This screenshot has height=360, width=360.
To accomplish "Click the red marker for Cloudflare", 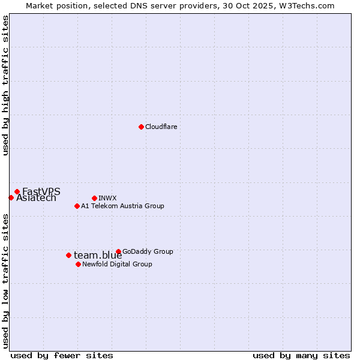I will (x=141, y=127).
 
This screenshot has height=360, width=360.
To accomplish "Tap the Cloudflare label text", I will (x=161, y=127).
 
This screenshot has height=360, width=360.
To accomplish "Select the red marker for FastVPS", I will (x=17, y=191).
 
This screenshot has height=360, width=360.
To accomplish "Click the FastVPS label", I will (x=41, y=191).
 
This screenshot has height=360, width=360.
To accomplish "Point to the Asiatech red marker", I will (x=11, y=197).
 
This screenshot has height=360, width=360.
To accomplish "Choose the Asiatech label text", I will (x=36, y=198).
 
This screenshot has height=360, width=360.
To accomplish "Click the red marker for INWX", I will (x=94, y=198).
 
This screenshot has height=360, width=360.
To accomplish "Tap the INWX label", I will (x=107, y=198).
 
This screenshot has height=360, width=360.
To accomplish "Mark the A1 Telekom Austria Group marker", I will (x=77, y=206).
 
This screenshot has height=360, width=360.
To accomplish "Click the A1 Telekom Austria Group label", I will (x=122, y=206).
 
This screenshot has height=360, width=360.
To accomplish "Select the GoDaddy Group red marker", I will (x=118, y=251).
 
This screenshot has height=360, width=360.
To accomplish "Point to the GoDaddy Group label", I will (x=147, y=251).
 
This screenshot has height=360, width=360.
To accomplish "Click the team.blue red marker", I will (x=68, y=255).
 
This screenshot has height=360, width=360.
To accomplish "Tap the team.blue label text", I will (x=98, y=256).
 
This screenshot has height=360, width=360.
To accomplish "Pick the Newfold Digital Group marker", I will (x=78, y=264).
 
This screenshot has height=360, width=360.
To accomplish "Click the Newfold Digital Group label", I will (x=117, y=264).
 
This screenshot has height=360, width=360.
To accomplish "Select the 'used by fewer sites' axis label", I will (x=62, y=355).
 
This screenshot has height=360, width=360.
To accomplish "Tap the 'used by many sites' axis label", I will (x=301, y=355).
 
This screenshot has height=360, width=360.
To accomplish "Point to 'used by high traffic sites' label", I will (x=6, y=85).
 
